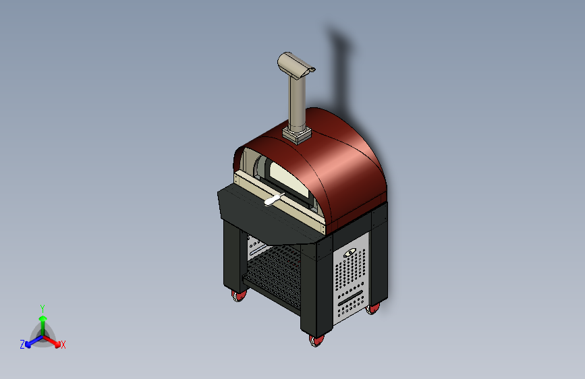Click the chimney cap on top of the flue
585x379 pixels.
click(295, 65)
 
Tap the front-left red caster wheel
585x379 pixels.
click(239, 295)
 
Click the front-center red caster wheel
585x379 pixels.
click(315, 341)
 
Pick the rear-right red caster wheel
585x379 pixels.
click(373, 308)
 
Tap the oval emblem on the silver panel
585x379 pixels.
click(351, 254)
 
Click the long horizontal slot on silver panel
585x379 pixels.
click(352, 297)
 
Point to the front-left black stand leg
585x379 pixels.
click(230, 260)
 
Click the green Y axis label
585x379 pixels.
click(42, 307)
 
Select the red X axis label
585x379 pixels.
click(63, 345)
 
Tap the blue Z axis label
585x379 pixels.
click(22, 345)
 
